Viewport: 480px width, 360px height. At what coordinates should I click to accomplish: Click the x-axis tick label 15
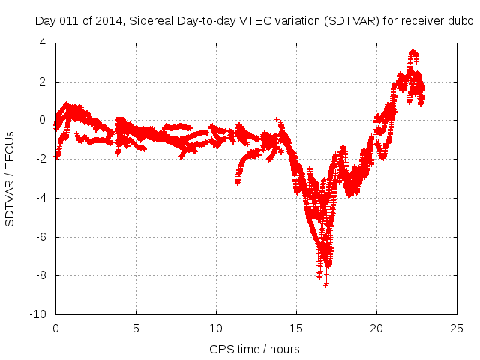click(x=296, y=328)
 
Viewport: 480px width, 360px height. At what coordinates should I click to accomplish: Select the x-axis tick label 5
click(x=136, y=328)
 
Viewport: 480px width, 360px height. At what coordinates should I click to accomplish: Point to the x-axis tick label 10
click(x=216, y=328)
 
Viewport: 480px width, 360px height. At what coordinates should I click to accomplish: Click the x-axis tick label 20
click(x=376, y=328)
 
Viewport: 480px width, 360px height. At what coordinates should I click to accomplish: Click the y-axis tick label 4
click(x=43, y=43)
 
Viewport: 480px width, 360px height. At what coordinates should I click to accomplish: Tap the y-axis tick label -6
click(x=41, y=236)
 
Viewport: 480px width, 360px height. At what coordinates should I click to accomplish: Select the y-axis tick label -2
click(x=41, y=159)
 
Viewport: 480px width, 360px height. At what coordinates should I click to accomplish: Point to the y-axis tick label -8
click(x=41, y=275)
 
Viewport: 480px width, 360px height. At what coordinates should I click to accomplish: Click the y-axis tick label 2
click(x=43, y=82)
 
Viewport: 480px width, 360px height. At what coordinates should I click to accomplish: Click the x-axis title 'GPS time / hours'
click(x=254, y=349)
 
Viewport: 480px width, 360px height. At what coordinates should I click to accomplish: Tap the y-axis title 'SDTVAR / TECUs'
click(x=10, y=178)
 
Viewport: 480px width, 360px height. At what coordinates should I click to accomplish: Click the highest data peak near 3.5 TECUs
click(x=413, y=52)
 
